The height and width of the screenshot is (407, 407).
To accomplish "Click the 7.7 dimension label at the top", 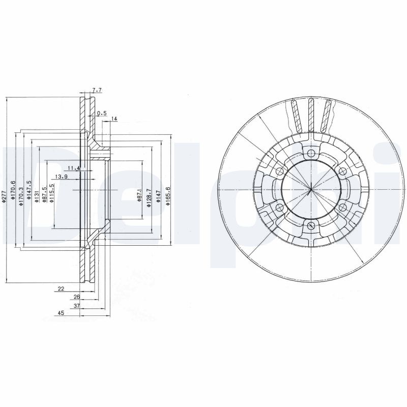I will pos(97,90).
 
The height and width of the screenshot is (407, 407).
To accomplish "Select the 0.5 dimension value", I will pos(101,113).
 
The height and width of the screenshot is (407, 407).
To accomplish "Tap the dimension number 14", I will pos(114,119).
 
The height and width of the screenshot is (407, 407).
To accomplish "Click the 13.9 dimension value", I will pos(62,177).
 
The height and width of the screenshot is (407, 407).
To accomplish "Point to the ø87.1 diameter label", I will pos(139,194).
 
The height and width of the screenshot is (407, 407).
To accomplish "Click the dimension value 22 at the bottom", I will pos(61,289).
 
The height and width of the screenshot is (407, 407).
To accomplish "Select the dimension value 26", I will pos(76,297).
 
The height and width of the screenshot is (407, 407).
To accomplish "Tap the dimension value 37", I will pos(76,306).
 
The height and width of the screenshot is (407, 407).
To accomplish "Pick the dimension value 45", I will pos(61,314).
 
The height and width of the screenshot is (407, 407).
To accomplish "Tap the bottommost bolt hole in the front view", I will pos(311,226).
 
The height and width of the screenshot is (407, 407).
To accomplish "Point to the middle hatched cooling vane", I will pos(310,115).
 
